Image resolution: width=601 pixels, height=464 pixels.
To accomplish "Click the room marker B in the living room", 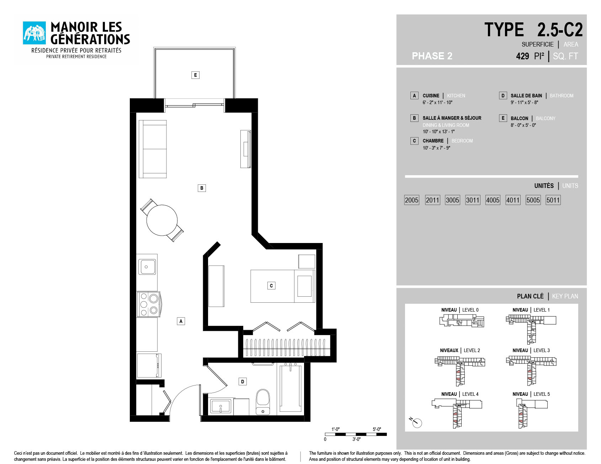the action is coord(202,188).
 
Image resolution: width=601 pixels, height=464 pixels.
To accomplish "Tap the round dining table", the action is coord(162,220).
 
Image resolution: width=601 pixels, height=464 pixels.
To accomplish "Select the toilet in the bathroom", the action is coord(263,402).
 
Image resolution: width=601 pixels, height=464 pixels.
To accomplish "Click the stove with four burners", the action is coord(149,304).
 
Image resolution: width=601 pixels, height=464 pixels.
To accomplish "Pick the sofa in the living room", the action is coord(153,149).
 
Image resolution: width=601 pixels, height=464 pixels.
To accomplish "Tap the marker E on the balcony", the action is coord(195,75).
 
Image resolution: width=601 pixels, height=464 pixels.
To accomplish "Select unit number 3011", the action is coord(473,200).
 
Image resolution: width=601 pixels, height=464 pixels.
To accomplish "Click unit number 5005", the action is coord(533,200).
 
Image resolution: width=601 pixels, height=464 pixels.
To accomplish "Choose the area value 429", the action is coord(522,56).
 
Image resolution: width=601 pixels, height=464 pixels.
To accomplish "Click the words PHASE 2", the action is coord(432,56).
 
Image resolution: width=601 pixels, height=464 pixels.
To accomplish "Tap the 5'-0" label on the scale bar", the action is coord(377,429).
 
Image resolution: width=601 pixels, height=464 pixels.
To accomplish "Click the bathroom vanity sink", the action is coord(220,406).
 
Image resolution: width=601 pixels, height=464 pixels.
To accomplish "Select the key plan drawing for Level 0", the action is coord(462,321).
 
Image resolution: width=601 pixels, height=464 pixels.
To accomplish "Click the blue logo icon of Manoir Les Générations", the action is coord(34,33).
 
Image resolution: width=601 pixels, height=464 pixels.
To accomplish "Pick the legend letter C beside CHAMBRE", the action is coord(414,141).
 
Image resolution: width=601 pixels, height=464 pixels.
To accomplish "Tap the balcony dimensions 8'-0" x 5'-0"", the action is coord(523,125).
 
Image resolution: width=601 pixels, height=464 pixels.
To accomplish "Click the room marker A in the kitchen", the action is coord(181,321).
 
